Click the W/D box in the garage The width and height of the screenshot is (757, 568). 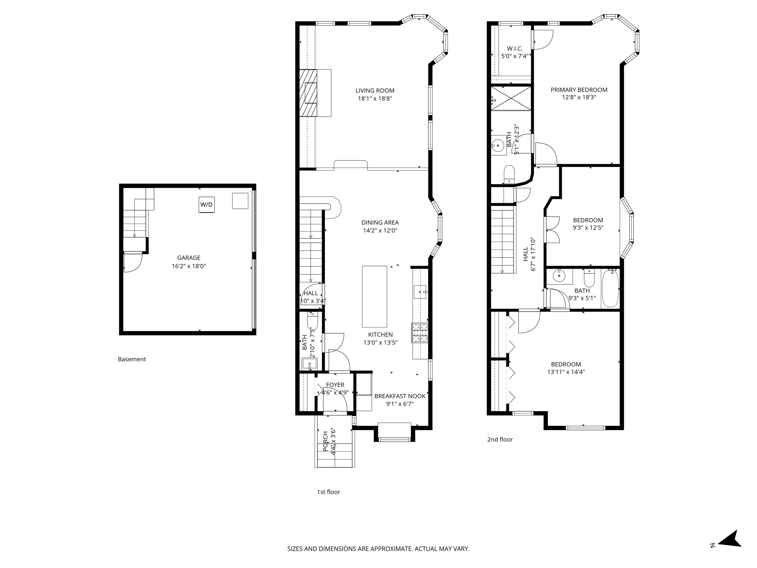coord(206,205)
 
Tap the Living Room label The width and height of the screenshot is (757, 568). coord(375,91)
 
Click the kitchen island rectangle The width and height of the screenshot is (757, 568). coord(374,297)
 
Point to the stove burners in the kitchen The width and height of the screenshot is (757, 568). coord(420,333)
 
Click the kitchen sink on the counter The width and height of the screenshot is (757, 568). coord(420,292)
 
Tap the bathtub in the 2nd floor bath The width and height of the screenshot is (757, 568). coord(610,288)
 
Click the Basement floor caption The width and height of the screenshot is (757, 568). coord(132,359)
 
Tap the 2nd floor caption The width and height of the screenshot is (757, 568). coord(500,439)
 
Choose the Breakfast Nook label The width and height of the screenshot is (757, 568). coord(400,396)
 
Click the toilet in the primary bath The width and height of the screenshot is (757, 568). coord(509,174)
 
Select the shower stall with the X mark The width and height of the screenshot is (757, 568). coord(511,98)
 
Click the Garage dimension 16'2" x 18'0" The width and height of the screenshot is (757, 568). coord(189,266)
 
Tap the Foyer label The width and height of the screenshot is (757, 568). coord(335,385)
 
